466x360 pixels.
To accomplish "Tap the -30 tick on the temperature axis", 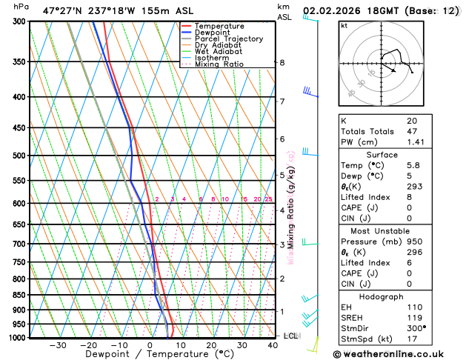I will [58, 345].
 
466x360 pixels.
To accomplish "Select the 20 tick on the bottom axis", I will [211, 345].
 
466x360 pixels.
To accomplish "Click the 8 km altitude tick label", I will [282, 63].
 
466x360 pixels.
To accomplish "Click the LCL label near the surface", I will [291, 336].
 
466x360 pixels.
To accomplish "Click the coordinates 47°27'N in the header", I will [63, 11].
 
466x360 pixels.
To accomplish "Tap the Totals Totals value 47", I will [411, 131].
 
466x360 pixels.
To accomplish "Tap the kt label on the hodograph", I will [344, 25].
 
